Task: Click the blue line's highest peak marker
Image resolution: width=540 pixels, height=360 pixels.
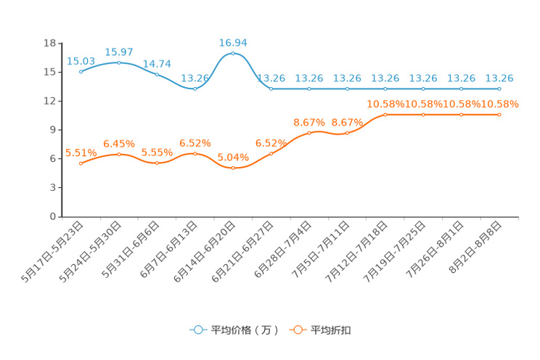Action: point(233,54)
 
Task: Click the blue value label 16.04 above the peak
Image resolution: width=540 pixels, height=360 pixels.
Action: point(234,43)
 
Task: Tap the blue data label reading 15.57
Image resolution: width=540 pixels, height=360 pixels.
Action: point(119,52)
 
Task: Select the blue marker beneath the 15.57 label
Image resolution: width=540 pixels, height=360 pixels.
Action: point(119,62)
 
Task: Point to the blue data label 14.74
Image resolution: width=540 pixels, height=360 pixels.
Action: point(157,63)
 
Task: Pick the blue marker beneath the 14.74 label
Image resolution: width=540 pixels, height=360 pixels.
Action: point(157,74)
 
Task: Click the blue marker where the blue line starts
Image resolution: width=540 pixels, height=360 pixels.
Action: point(81,71)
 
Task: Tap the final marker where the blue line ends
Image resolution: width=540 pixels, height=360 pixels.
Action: point(499,89)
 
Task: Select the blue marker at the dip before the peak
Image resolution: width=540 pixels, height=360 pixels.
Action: point(195,89)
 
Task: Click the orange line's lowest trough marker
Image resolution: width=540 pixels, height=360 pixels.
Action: point(233,168)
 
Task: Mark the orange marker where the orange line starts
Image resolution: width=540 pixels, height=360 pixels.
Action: point(81,163)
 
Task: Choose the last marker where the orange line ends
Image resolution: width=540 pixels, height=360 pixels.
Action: point(499,115)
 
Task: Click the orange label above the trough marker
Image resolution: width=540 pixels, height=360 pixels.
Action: point(234,157)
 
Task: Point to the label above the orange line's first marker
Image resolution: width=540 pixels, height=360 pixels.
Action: point(81,152)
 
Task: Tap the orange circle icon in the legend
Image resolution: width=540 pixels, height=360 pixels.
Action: point(296,330)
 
